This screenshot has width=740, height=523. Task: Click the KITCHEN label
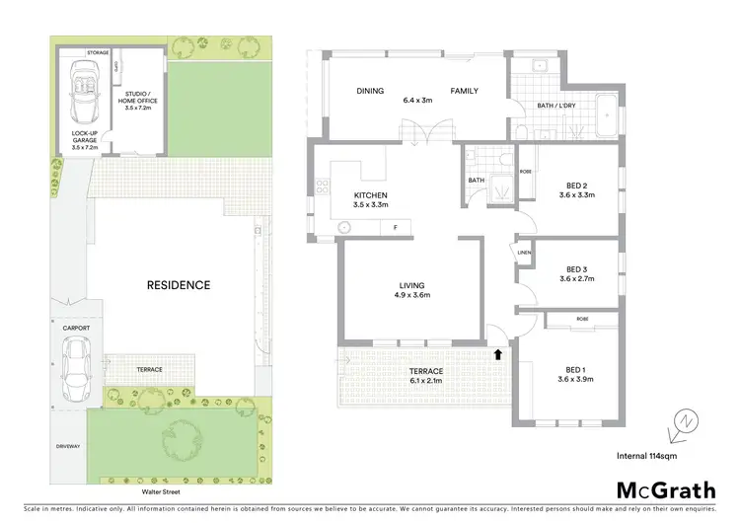371,195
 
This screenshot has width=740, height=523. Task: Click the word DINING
371,91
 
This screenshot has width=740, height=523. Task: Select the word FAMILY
465,91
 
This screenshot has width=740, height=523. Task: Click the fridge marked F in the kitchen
395,228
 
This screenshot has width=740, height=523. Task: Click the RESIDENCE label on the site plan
179,285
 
